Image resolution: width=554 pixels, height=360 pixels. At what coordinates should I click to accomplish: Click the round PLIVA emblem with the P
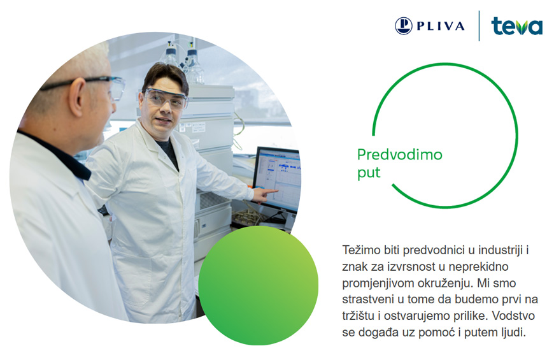404,26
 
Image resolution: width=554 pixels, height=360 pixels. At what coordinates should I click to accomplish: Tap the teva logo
516,26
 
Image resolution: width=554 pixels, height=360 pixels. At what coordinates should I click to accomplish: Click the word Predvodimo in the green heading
400,155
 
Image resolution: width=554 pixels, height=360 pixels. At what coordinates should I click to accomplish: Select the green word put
369,173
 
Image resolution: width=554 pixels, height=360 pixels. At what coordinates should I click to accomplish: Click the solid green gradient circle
259,285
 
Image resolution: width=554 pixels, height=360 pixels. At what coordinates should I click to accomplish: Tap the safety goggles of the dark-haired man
165,98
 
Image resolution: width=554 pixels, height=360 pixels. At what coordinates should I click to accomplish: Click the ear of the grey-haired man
78,97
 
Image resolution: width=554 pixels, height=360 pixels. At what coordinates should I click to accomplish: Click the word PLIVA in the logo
441,26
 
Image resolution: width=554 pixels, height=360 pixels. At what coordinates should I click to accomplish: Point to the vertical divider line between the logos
479,26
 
